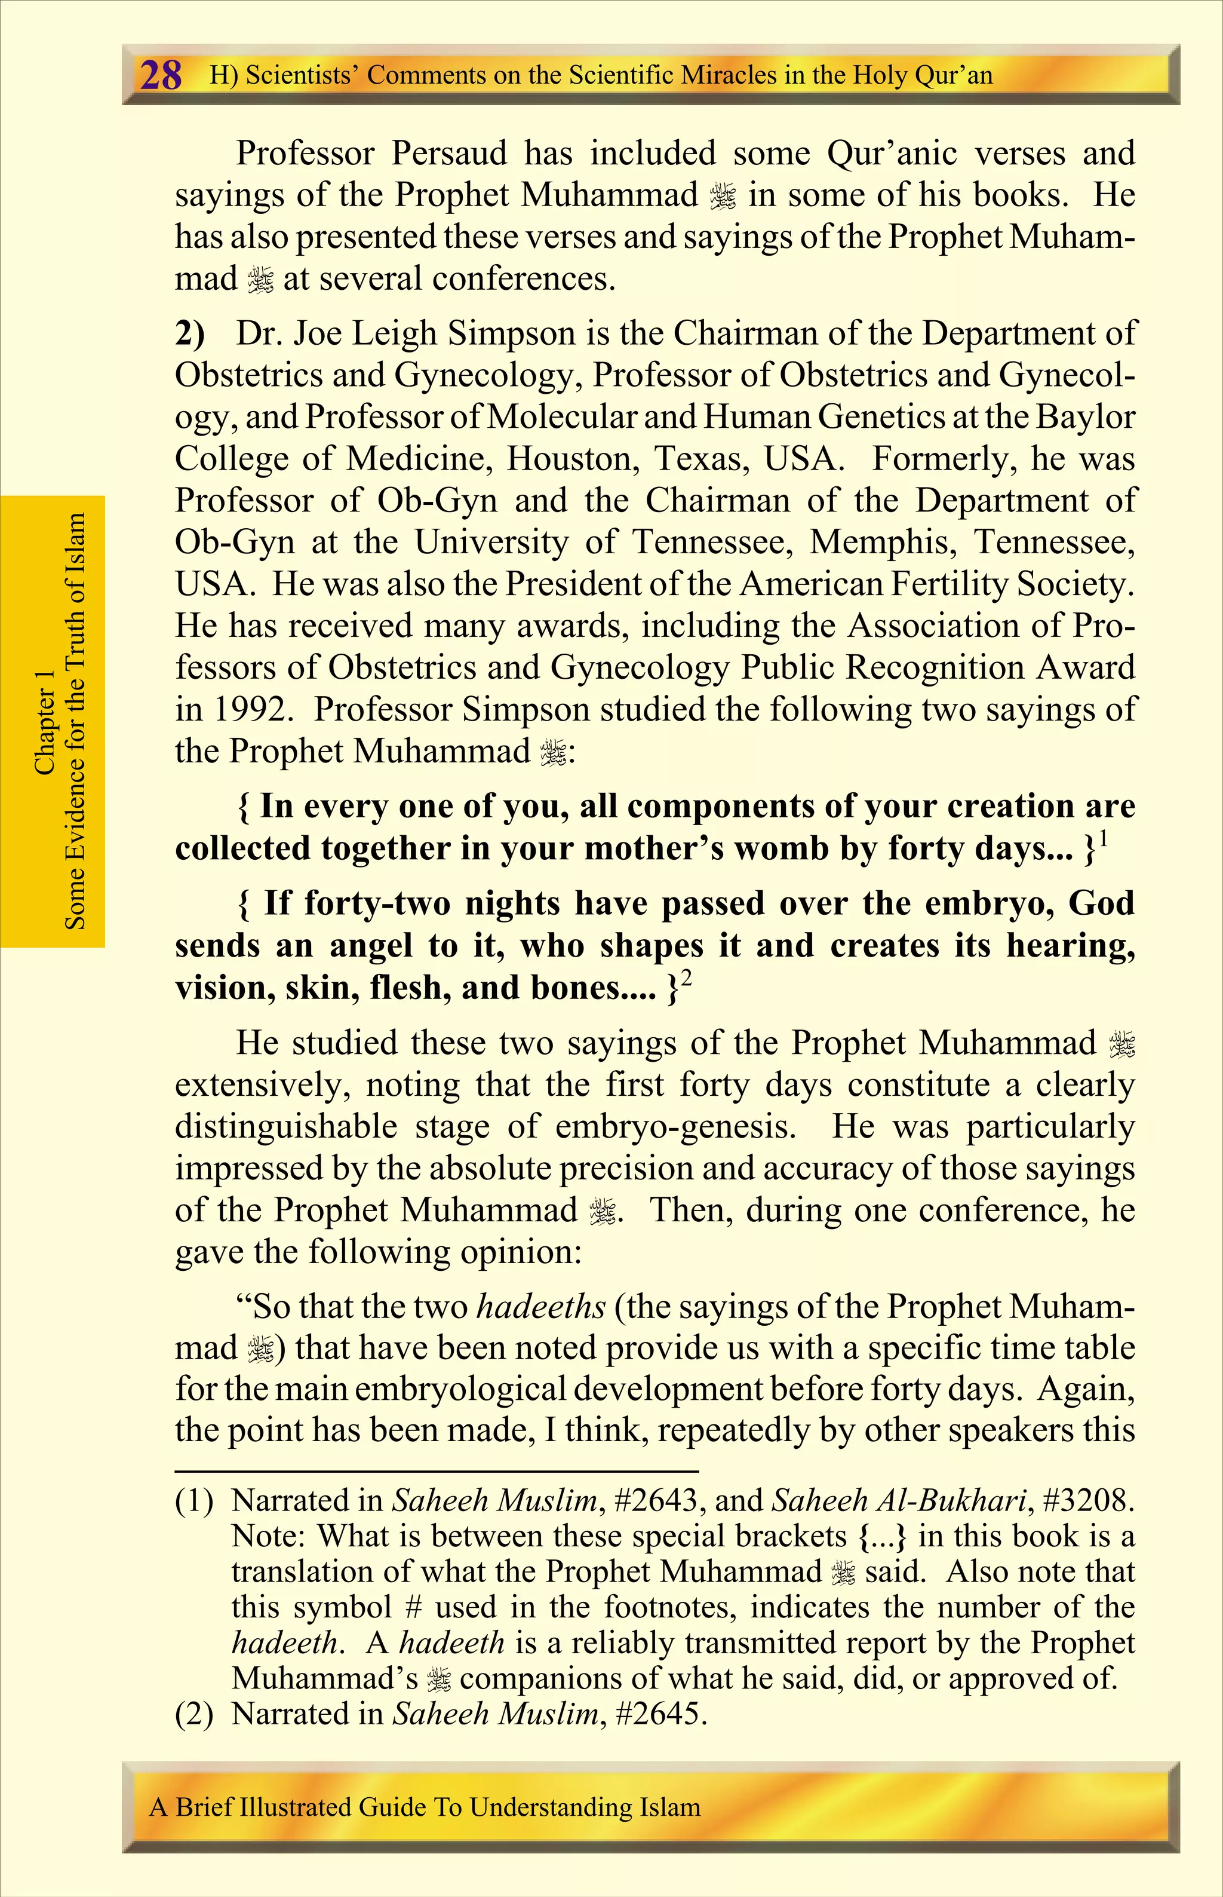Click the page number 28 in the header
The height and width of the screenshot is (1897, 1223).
click(x=161, y=75)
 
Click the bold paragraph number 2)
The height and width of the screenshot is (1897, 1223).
click(x=190, y=333)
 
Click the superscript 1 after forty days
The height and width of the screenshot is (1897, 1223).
click(x=1104, y=838)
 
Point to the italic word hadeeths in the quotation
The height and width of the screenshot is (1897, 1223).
click(x=541, y=1307)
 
